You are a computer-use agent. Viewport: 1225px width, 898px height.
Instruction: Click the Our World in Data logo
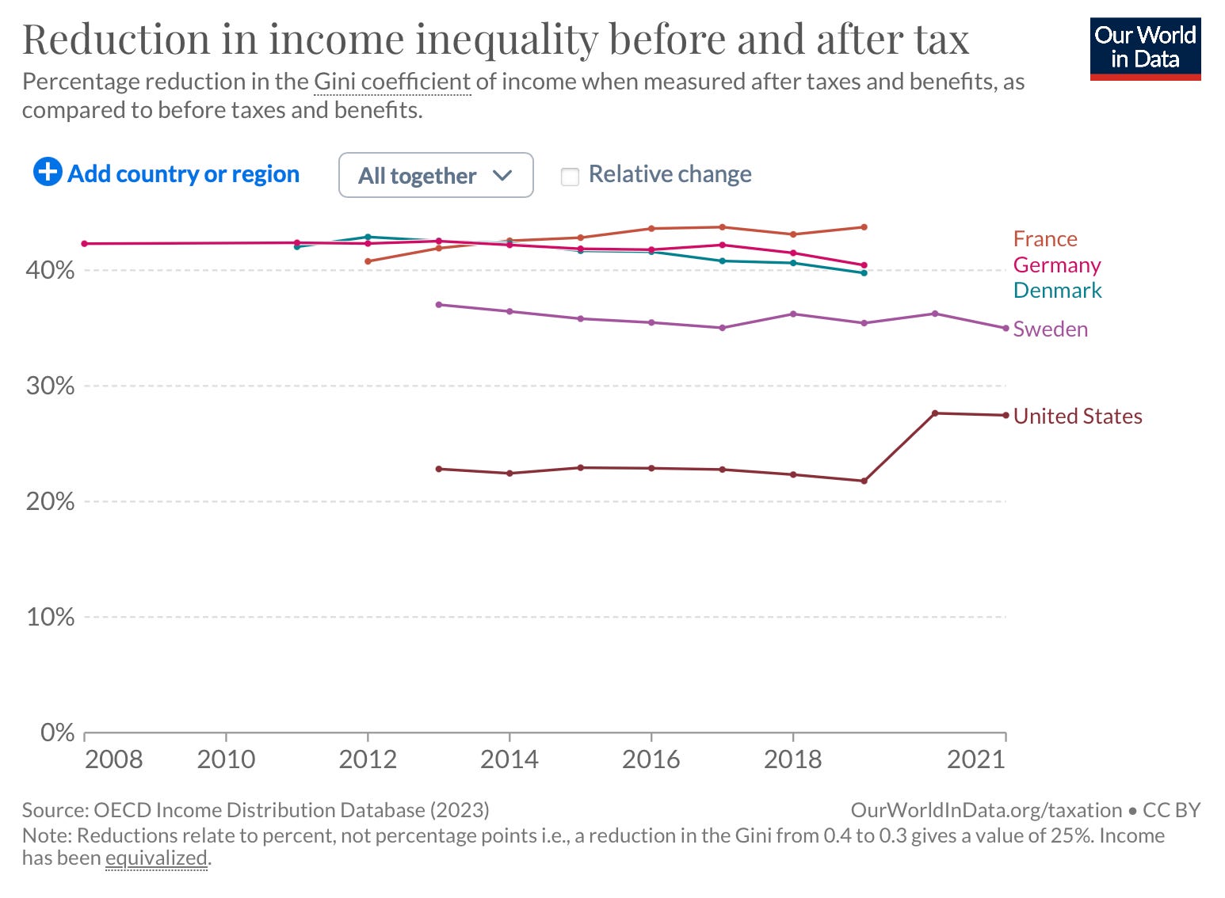coord(1145,48)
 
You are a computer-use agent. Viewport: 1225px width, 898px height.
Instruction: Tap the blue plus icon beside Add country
coord(48,171)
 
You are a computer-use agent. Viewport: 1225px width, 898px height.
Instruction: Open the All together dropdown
coord(435,175)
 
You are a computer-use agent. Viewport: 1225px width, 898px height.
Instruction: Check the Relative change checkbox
coord(570,176)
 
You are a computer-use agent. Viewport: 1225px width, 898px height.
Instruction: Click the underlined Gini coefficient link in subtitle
coord(392,82)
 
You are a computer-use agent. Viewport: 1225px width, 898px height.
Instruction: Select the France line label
coord(1044,239)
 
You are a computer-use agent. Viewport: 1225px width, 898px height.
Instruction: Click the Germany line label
coord(1056,264)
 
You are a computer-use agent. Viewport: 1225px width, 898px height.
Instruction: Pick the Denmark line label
coord(1057,291)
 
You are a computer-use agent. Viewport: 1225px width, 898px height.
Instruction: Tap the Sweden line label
coord(1050,329)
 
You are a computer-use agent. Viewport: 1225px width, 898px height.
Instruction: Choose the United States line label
coord(1077,417)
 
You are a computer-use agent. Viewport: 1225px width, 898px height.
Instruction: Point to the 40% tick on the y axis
coord(50,271)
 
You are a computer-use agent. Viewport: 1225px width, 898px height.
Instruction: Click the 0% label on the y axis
coord(57,732)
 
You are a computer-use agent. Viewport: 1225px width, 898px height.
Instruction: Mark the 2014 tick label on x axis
coord(509,759)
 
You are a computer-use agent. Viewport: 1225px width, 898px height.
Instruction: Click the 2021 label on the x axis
coord(975,759)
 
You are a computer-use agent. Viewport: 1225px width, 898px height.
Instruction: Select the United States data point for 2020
coord(935,413)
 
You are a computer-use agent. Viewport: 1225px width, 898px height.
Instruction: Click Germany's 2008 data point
coord(85,244)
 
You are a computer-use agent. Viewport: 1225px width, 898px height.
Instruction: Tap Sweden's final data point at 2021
coord(1006,328)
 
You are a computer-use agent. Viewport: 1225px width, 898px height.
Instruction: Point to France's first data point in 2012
coord(368,261)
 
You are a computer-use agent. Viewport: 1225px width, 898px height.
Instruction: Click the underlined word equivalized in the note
coord(156,858)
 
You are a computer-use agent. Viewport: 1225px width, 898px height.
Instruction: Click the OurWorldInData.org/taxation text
coord(986,810)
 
